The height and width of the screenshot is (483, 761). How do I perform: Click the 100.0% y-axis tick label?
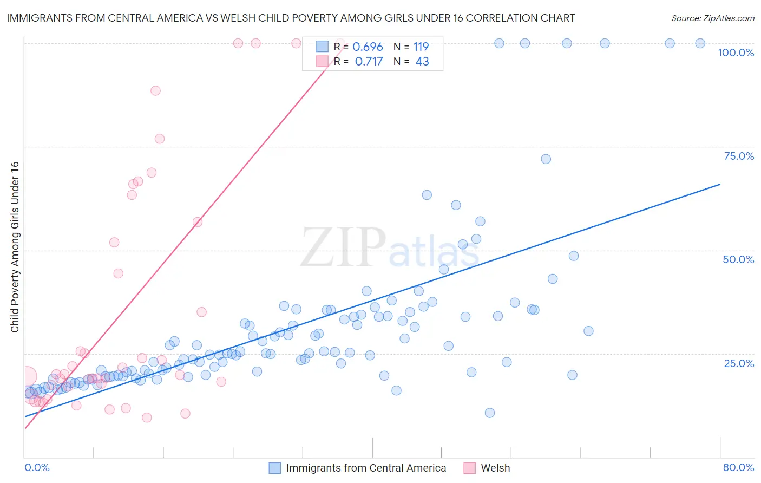736,53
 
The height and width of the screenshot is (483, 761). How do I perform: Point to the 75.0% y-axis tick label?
739,156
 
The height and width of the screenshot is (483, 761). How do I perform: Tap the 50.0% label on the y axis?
738,259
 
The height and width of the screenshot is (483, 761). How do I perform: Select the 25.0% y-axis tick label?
739,363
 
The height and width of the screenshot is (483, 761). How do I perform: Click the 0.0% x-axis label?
37,467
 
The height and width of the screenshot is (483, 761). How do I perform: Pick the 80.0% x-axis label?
738,467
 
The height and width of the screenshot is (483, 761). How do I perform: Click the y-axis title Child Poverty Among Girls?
15,247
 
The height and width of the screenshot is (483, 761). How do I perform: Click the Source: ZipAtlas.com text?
712,18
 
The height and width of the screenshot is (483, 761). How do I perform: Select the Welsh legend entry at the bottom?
495,468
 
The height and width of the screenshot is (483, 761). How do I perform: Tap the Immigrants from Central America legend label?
366,468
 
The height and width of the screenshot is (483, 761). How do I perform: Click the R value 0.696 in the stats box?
368,47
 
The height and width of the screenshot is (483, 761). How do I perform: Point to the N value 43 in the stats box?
422,62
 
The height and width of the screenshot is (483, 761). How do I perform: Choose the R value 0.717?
369,62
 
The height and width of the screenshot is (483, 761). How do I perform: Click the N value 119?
421,47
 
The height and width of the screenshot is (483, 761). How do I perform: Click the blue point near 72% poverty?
546,159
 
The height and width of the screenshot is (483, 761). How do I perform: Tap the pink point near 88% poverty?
155,91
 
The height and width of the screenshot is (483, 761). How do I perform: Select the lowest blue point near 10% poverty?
490,413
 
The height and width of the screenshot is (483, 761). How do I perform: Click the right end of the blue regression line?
720,184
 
